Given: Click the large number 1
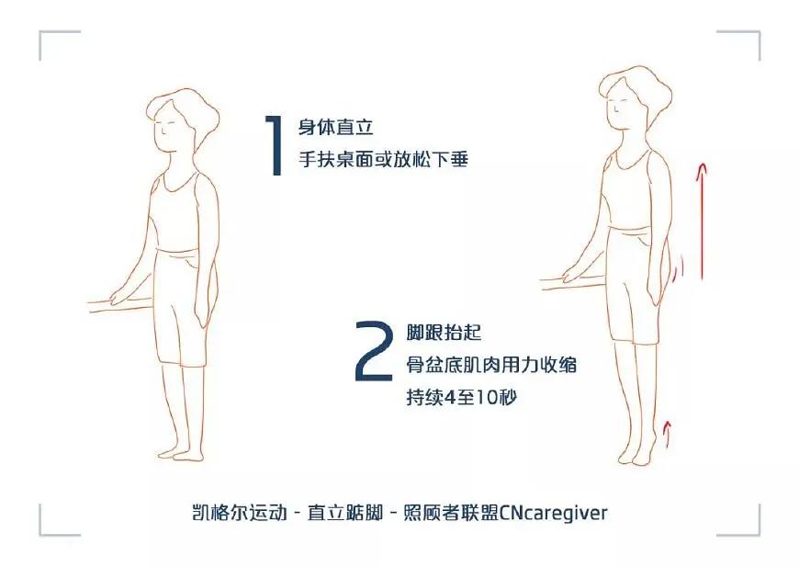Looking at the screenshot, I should tap(274, 145).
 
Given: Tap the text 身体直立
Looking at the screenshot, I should tap(336, 128).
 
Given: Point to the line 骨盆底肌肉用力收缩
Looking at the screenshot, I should tap(491, 365).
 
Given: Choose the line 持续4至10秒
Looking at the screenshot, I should tap(466, 398).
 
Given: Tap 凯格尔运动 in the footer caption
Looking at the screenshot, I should tap(229, 512).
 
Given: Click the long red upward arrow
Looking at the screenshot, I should tap(702, 221).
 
